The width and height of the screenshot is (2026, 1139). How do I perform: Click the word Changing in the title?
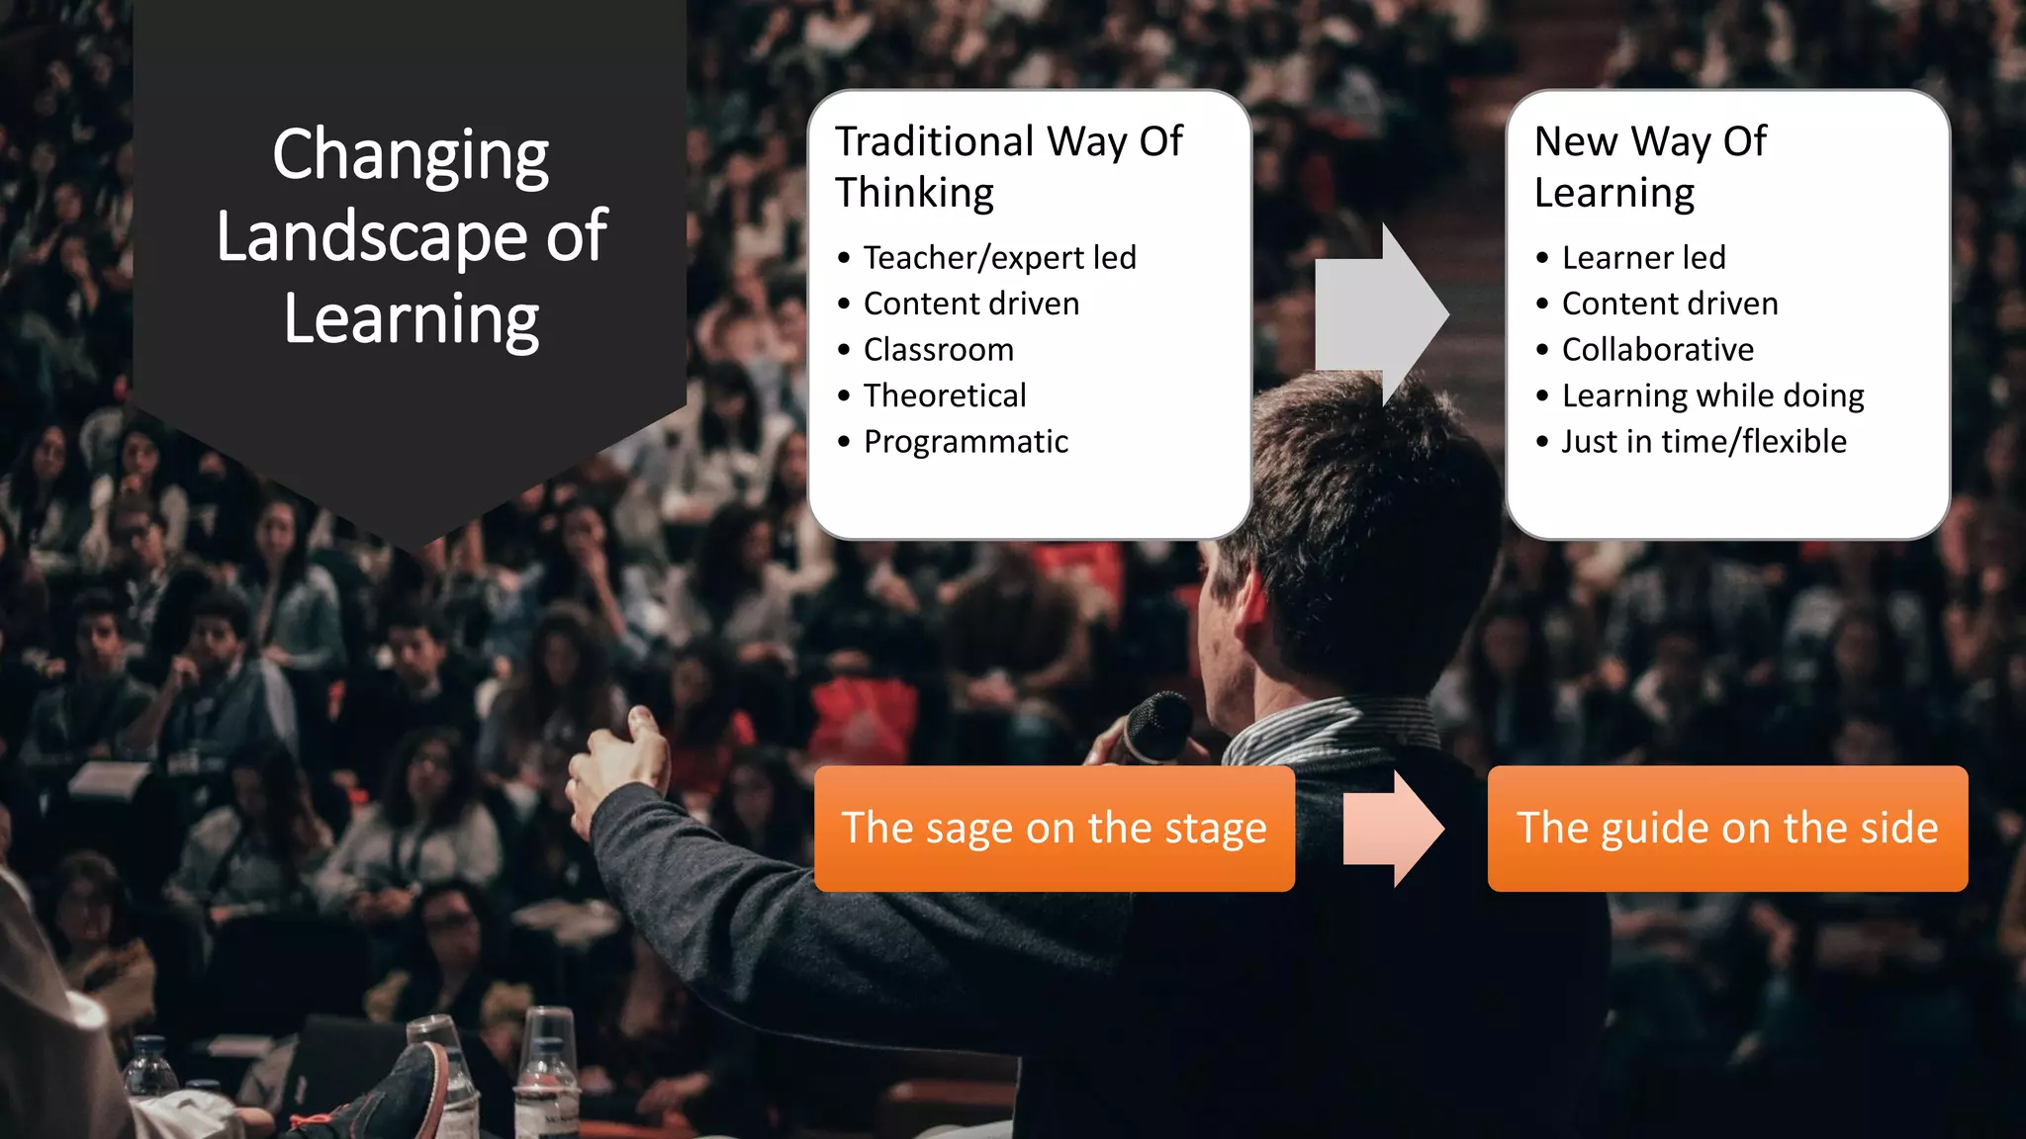point(410,155)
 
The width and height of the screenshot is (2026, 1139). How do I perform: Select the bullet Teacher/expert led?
point(999,257)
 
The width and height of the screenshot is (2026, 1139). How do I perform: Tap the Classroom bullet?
point(938,349)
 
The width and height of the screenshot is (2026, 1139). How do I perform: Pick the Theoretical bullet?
point(945,395)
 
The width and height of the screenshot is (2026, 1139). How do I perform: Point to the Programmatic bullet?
point(966,441)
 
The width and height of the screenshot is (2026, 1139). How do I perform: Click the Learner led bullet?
point(1643,257)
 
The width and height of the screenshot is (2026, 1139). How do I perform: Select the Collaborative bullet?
point(1657,349)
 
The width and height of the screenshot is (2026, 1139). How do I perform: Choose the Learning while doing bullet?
point(1712,395)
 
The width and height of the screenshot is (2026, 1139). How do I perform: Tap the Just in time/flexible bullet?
point(1704,441)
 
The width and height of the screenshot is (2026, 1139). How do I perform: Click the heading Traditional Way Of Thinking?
point(1007,166)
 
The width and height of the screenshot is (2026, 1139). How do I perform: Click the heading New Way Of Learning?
point(1649,166)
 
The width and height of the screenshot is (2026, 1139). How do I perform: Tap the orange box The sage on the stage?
point(1054,829)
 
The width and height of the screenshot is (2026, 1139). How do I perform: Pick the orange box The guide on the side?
point(1726,829)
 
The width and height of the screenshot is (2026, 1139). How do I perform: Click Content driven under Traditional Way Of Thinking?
point(970,304)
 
